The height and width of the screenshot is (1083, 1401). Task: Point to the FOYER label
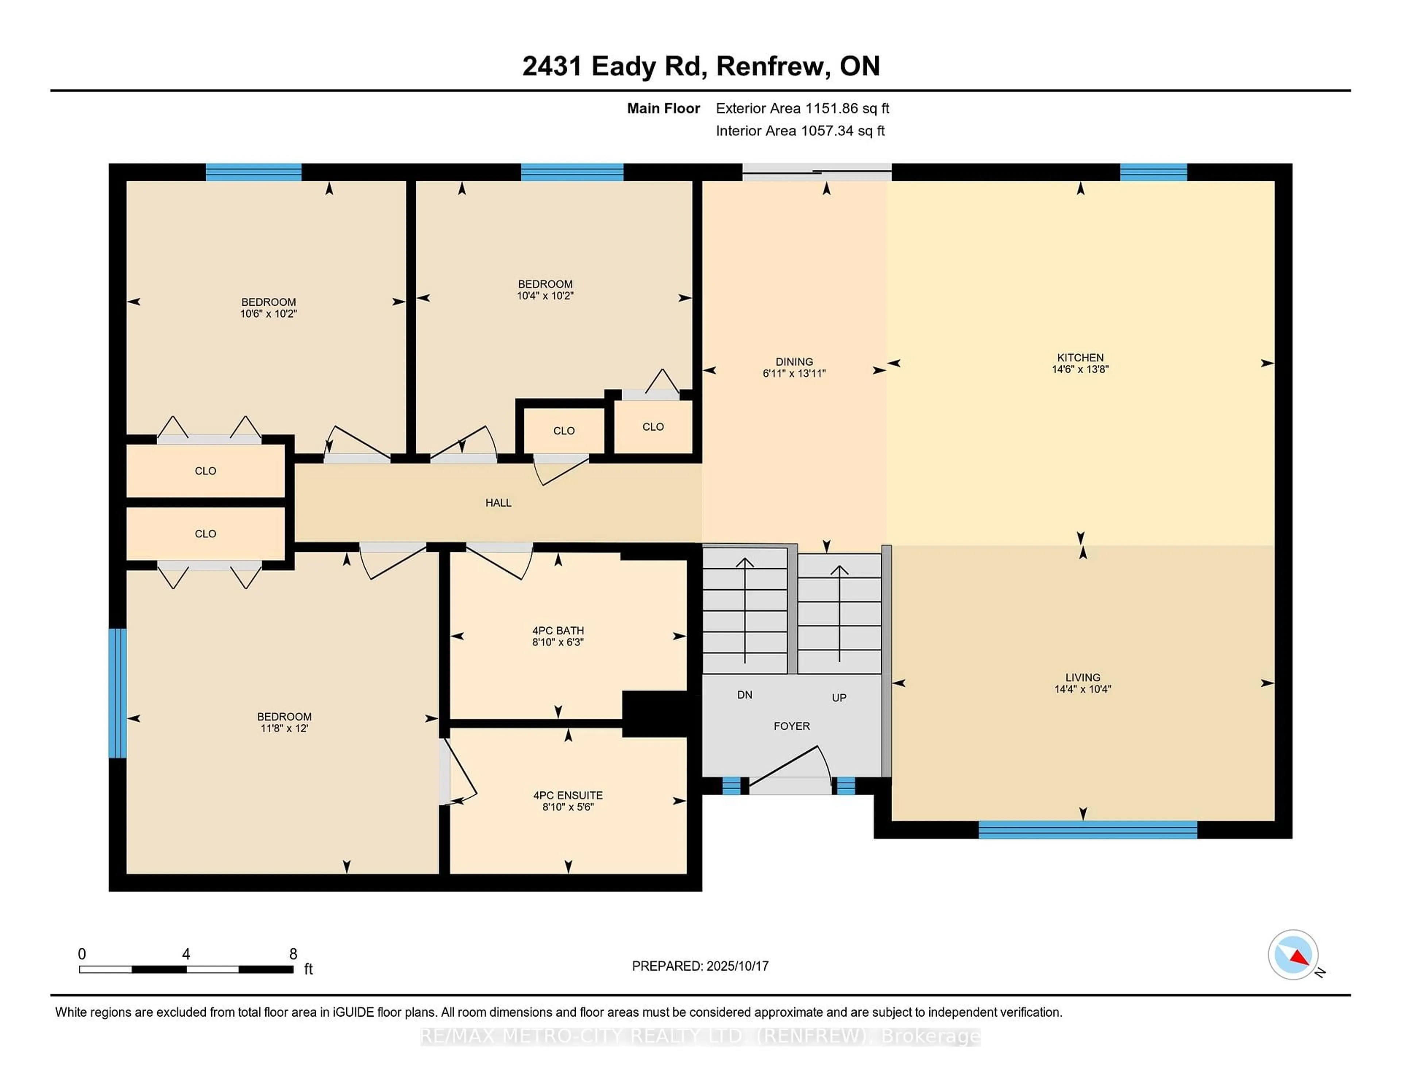click(x=792, y=726)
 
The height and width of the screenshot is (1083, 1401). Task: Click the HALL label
click(x=498, y=502)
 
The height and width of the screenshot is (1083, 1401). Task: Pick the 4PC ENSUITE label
click(x=568, y=795)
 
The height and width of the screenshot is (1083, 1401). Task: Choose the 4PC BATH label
click(x=558, y=630)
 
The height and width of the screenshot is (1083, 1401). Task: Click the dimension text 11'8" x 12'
click(x=284, y=728)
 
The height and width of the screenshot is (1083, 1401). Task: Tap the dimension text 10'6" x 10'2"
click(x=269, y=314)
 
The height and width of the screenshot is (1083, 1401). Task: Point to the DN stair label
click(x=745, y=694)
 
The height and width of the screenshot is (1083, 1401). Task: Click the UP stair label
click(x=839, y=697)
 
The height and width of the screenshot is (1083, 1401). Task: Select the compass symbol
click(x=1293, y=954)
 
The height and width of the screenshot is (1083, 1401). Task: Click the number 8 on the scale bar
click(x=293, y=954)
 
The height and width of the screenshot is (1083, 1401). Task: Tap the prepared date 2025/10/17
click(x=737, y=966)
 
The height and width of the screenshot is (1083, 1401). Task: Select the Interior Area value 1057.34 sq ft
click(x=843, y=131)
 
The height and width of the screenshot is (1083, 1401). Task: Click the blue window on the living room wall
click(x=1088, y=829)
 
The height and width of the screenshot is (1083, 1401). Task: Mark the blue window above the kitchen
click(x=1153, y=172)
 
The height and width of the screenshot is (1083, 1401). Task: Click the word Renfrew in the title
click(x=771, y=66)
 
